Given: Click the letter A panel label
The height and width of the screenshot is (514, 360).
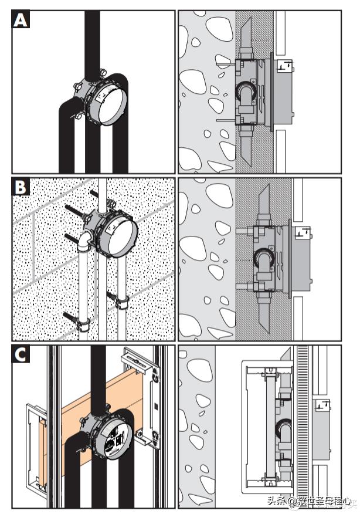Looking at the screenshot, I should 21,21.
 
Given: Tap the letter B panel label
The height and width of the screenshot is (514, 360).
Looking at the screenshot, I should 21,188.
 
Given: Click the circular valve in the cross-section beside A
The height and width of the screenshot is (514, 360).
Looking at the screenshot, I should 246,93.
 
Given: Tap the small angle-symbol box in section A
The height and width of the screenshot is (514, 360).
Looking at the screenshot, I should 286,66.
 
